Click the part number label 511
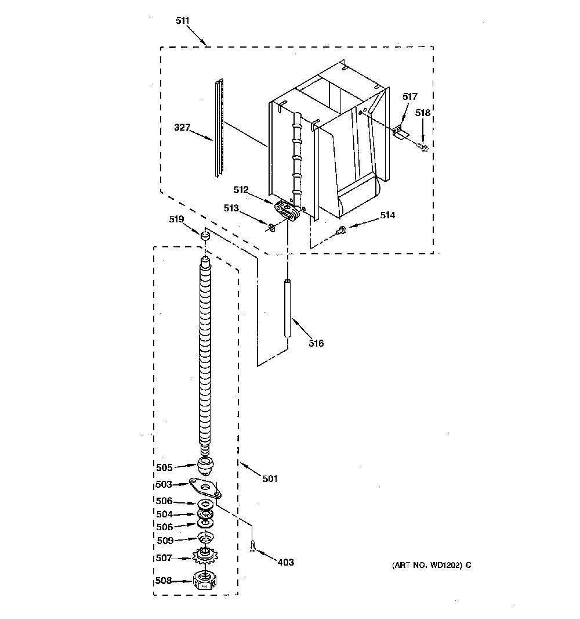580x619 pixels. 183,20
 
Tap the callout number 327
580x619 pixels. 182,127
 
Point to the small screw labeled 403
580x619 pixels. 252,546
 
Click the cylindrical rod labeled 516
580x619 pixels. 288,308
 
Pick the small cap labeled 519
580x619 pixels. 205,236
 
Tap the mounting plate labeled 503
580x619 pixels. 205,488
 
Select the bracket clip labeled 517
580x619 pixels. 401,132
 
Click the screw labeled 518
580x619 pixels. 422,147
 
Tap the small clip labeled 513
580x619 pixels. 271,228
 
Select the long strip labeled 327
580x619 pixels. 219,128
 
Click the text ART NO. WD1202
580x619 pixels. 427,565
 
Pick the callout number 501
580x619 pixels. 270,478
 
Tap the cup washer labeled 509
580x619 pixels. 205,537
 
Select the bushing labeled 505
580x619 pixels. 205,465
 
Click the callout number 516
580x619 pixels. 316,343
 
